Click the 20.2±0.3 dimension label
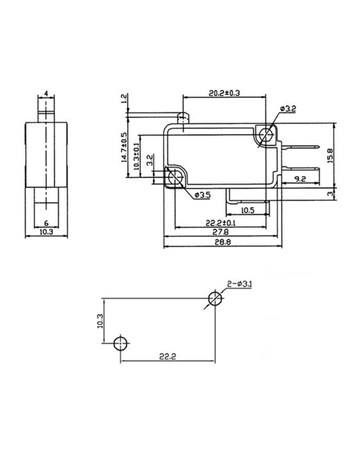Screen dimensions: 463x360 [x=225, y=93]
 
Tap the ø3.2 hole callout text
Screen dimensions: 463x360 [x=288, y=109]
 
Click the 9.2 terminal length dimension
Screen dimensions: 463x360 [x=300, y=179]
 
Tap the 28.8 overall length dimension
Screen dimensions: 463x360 [x=222, y=243]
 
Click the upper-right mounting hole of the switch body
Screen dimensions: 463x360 [x=266, y=135]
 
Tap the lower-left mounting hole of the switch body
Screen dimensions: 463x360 [x=175, y=177]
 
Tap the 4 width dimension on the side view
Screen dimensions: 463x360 [x=46, y=93]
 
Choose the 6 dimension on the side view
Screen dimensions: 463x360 [x=46, y=223]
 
